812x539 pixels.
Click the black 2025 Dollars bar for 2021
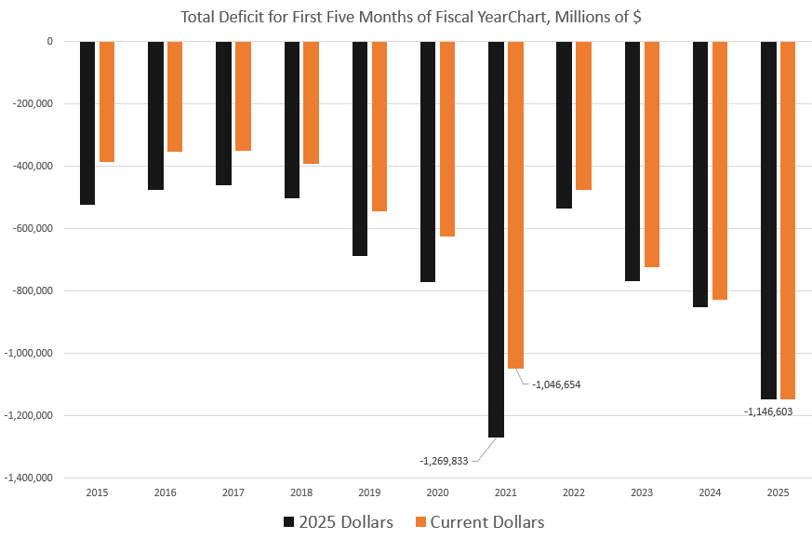[496, 239]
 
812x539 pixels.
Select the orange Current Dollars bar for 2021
[515, 205]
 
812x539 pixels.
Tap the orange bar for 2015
[107, 101]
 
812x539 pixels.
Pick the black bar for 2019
[360, 148]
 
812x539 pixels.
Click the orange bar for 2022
[583, 115]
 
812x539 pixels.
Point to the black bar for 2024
[700, 174]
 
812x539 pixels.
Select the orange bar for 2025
[788, 220]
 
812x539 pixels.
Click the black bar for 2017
[223, 113]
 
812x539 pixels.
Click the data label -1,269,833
[446, 460]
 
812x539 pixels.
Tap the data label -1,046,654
[556, 384]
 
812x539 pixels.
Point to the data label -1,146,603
[767, 411]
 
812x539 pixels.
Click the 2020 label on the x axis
[437, 492]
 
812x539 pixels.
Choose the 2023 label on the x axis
[642, 492]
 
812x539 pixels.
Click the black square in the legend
[289, 521]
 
